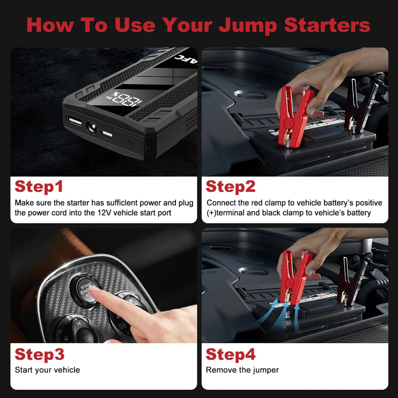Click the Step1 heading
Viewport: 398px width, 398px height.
point(39,187)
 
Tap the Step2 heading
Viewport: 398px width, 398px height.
point(230,187)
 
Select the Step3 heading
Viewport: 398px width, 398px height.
point(39,354)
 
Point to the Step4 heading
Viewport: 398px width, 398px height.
point(230,354)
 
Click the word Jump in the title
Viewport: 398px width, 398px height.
point(248,25)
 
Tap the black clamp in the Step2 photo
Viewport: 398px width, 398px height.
point(360,105)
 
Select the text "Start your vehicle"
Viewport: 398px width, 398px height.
point(47,370)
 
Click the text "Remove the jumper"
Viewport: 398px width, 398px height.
point(242,370)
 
